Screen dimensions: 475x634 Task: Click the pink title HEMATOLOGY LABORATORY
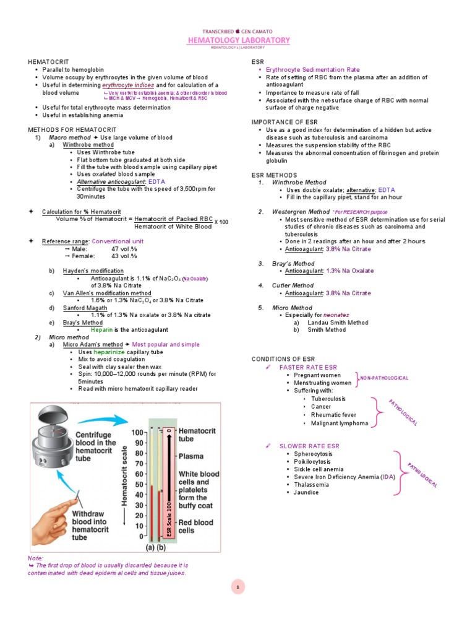pos(238,40)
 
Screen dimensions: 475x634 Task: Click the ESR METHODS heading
pos(274,175)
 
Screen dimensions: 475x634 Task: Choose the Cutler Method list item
pos(293,285)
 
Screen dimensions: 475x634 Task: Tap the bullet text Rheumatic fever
pos(333,415)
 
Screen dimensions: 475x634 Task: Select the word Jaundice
pos(306,492)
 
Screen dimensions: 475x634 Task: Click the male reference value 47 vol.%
pos(124,248)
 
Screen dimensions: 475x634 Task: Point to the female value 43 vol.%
pos(124,256)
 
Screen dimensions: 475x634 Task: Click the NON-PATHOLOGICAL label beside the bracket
pos(385,378)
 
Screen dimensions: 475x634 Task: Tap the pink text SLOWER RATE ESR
pos(309,446)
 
